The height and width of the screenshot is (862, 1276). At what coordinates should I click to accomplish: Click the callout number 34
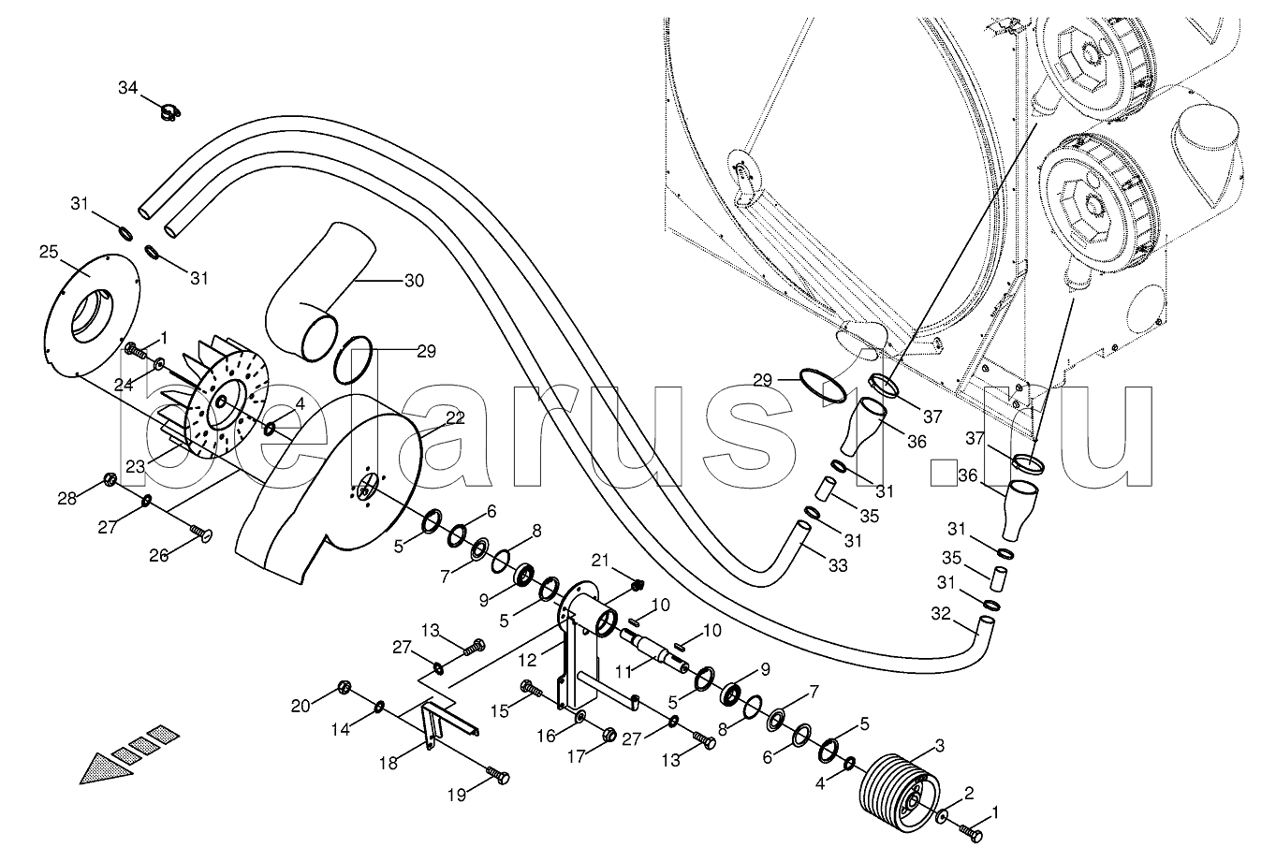coord(127,88)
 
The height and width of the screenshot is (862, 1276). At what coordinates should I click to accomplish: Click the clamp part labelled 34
coord(169,114)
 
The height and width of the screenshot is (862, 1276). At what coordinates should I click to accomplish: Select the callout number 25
coord(50,251)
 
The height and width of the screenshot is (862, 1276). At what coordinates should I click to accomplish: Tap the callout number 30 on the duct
coord(414,280)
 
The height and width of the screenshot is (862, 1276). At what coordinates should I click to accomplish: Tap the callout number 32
coord(942,615)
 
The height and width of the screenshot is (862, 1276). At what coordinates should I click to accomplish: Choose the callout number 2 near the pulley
coord(968,793)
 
